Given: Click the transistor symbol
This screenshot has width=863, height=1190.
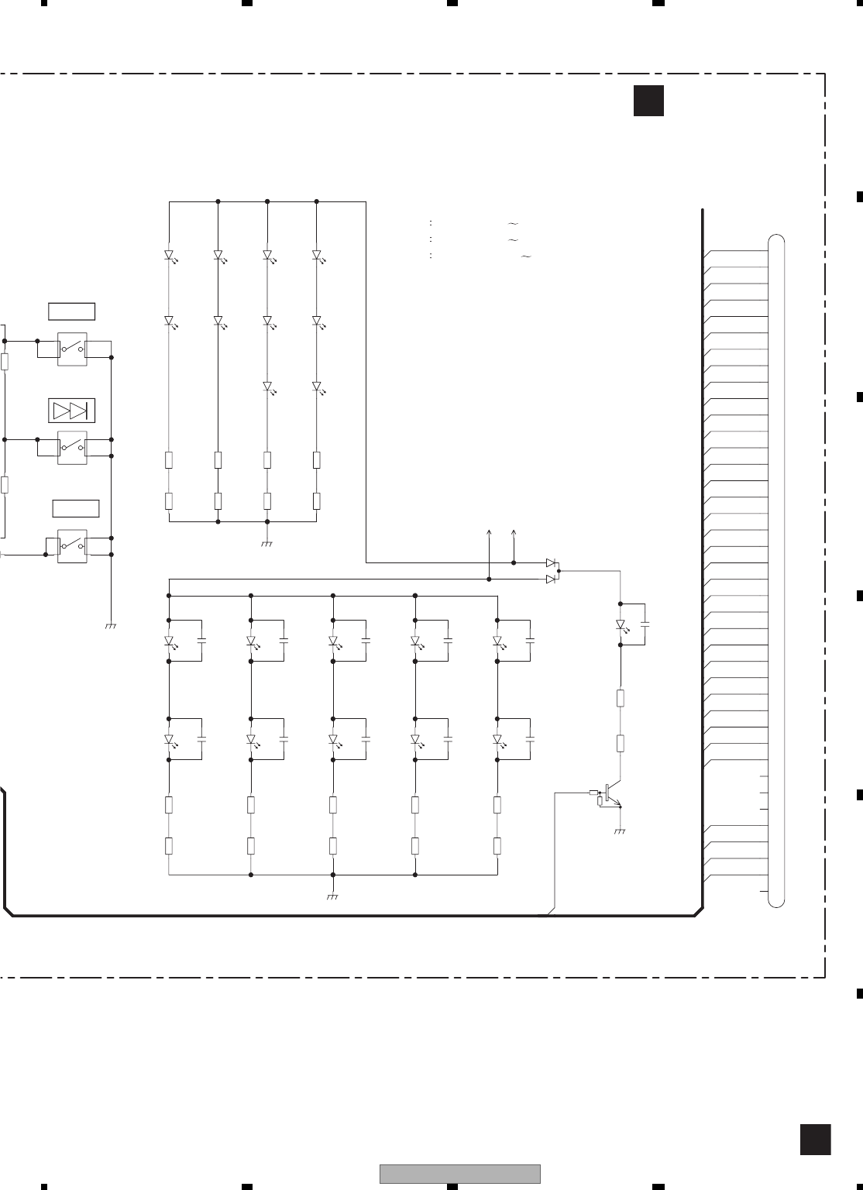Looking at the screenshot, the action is click(612, 793).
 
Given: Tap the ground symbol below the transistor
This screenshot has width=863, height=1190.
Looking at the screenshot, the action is click(620, 831).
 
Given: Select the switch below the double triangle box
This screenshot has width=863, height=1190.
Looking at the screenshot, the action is click(72, 447).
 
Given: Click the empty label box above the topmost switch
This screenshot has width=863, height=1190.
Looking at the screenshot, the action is click(71, 311).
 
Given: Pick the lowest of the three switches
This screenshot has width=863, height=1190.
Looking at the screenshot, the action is click(72, 545).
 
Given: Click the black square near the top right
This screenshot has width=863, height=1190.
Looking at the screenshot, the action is click(648, 101).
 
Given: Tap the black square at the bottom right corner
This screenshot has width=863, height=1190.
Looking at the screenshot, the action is click(815, 1140).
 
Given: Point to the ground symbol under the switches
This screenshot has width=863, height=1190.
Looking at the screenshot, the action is click(110, 624).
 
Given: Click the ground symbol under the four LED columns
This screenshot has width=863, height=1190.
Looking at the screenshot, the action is click(267, 544).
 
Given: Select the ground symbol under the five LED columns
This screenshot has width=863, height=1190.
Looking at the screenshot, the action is click(332, 896).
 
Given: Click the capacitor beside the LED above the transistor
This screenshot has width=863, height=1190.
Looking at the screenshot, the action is click(645, 623).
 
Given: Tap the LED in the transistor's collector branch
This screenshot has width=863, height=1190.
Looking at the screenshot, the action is click(621, 624).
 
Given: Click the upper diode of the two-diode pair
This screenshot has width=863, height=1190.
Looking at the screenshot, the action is click(551, 562).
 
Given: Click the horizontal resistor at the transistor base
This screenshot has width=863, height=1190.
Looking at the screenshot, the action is click(594, 793).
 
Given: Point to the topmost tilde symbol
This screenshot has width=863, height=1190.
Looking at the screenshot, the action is click(513, 223).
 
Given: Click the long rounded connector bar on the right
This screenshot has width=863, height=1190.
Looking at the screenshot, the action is click(776, 570).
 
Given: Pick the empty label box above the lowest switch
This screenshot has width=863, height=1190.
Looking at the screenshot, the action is click(76, 508).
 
